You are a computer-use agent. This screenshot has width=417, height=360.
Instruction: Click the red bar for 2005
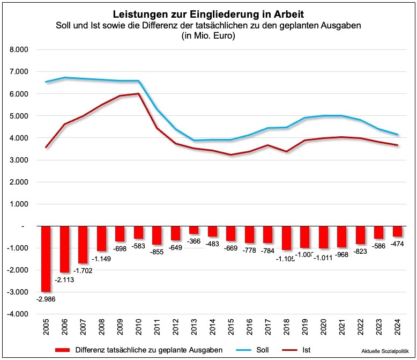46,259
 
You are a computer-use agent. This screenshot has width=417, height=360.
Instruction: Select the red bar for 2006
65,249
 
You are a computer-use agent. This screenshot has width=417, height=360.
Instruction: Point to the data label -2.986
47,299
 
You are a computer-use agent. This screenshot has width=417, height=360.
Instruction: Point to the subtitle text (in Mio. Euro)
208,36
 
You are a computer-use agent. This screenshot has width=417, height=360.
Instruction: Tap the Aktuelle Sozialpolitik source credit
384,350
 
